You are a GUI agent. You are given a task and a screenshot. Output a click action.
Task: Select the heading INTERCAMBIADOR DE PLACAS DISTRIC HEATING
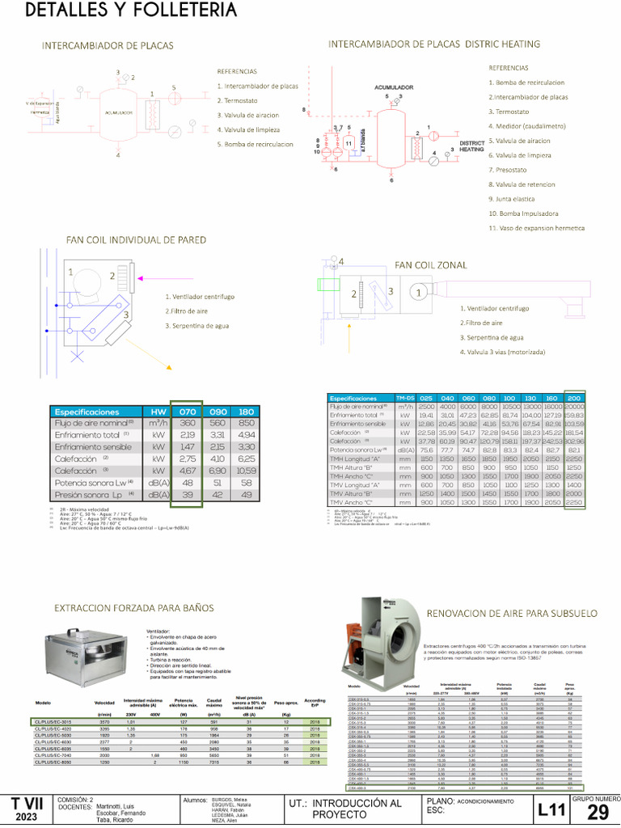coord(434,44)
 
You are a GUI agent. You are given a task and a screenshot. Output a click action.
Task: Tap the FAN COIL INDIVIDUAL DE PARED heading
coord(136,240)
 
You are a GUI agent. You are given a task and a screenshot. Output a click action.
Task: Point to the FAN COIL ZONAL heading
coord(431,264)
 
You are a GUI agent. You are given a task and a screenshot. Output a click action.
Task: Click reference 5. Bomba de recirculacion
coord(255,144)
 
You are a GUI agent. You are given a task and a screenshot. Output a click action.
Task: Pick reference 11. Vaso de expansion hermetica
coord(536,228)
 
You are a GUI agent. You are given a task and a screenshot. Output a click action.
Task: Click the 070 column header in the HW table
coord(187,411)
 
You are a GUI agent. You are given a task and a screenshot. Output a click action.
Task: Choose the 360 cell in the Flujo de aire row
coord(187,423)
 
